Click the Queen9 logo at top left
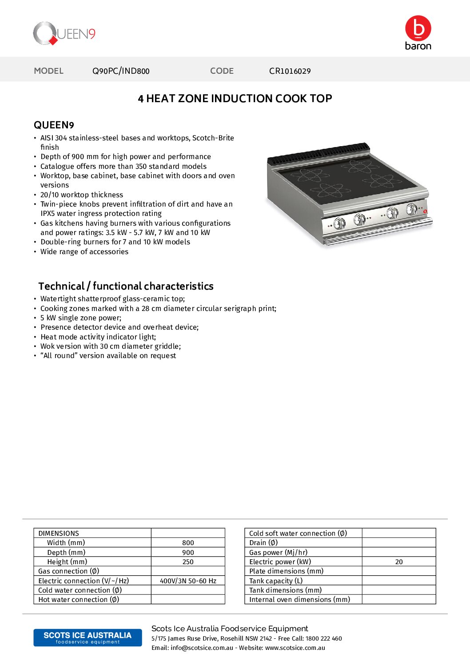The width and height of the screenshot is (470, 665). tap(64, 34)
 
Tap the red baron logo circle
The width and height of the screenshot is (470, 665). tap(418, 28)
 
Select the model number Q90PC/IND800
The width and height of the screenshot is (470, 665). tap(121, 71)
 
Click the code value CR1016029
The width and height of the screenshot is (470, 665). tap(290, 71)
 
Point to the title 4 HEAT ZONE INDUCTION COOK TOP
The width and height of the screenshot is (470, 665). tap(235, 99)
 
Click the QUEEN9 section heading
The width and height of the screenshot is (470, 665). tap(54, 125)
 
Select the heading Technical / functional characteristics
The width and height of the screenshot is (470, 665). tap(126, 287)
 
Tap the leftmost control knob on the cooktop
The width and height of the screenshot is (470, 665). tap(340, 223)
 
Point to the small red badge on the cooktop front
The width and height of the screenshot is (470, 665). tap(425, 211)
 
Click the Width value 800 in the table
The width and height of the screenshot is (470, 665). tap(188, 543)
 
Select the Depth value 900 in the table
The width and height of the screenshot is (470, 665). tap(188, 553)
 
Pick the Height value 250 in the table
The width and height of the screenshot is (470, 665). tap(188, 562)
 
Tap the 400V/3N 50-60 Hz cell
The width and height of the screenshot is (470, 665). tap(188, 581)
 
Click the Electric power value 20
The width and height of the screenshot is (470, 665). tap(399, 562)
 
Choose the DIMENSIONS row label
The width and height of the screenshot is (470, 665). tap(59, 534)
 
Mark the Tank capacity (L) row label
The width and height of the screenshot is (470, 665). tap(276, 581)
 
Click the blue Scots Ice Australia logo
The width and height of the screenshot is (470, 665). tap(88, 637)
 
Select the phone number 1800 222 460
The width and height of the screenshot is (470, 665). tap(324, 639)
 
